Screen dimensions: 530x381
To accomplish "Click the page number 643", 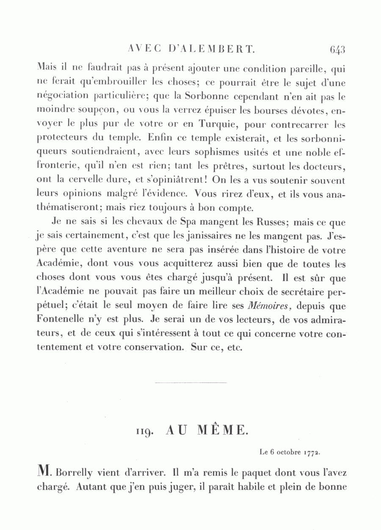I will (x=338, y=50).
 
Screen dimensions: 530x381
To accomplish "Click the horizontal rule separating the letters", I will (x=191, y=384).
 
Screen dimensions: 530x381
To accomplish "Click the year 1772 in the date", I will (x=311, y=452).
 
